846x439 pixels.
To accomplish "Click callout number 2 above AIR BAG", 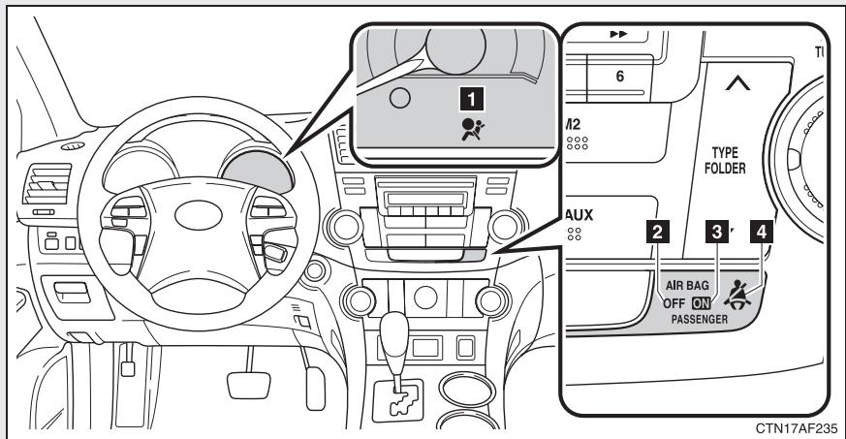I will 659,232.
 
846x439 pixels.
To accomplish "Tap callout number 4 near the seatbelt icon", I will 766,232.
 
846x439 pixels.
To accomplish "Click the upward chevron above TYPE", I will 737,88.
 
